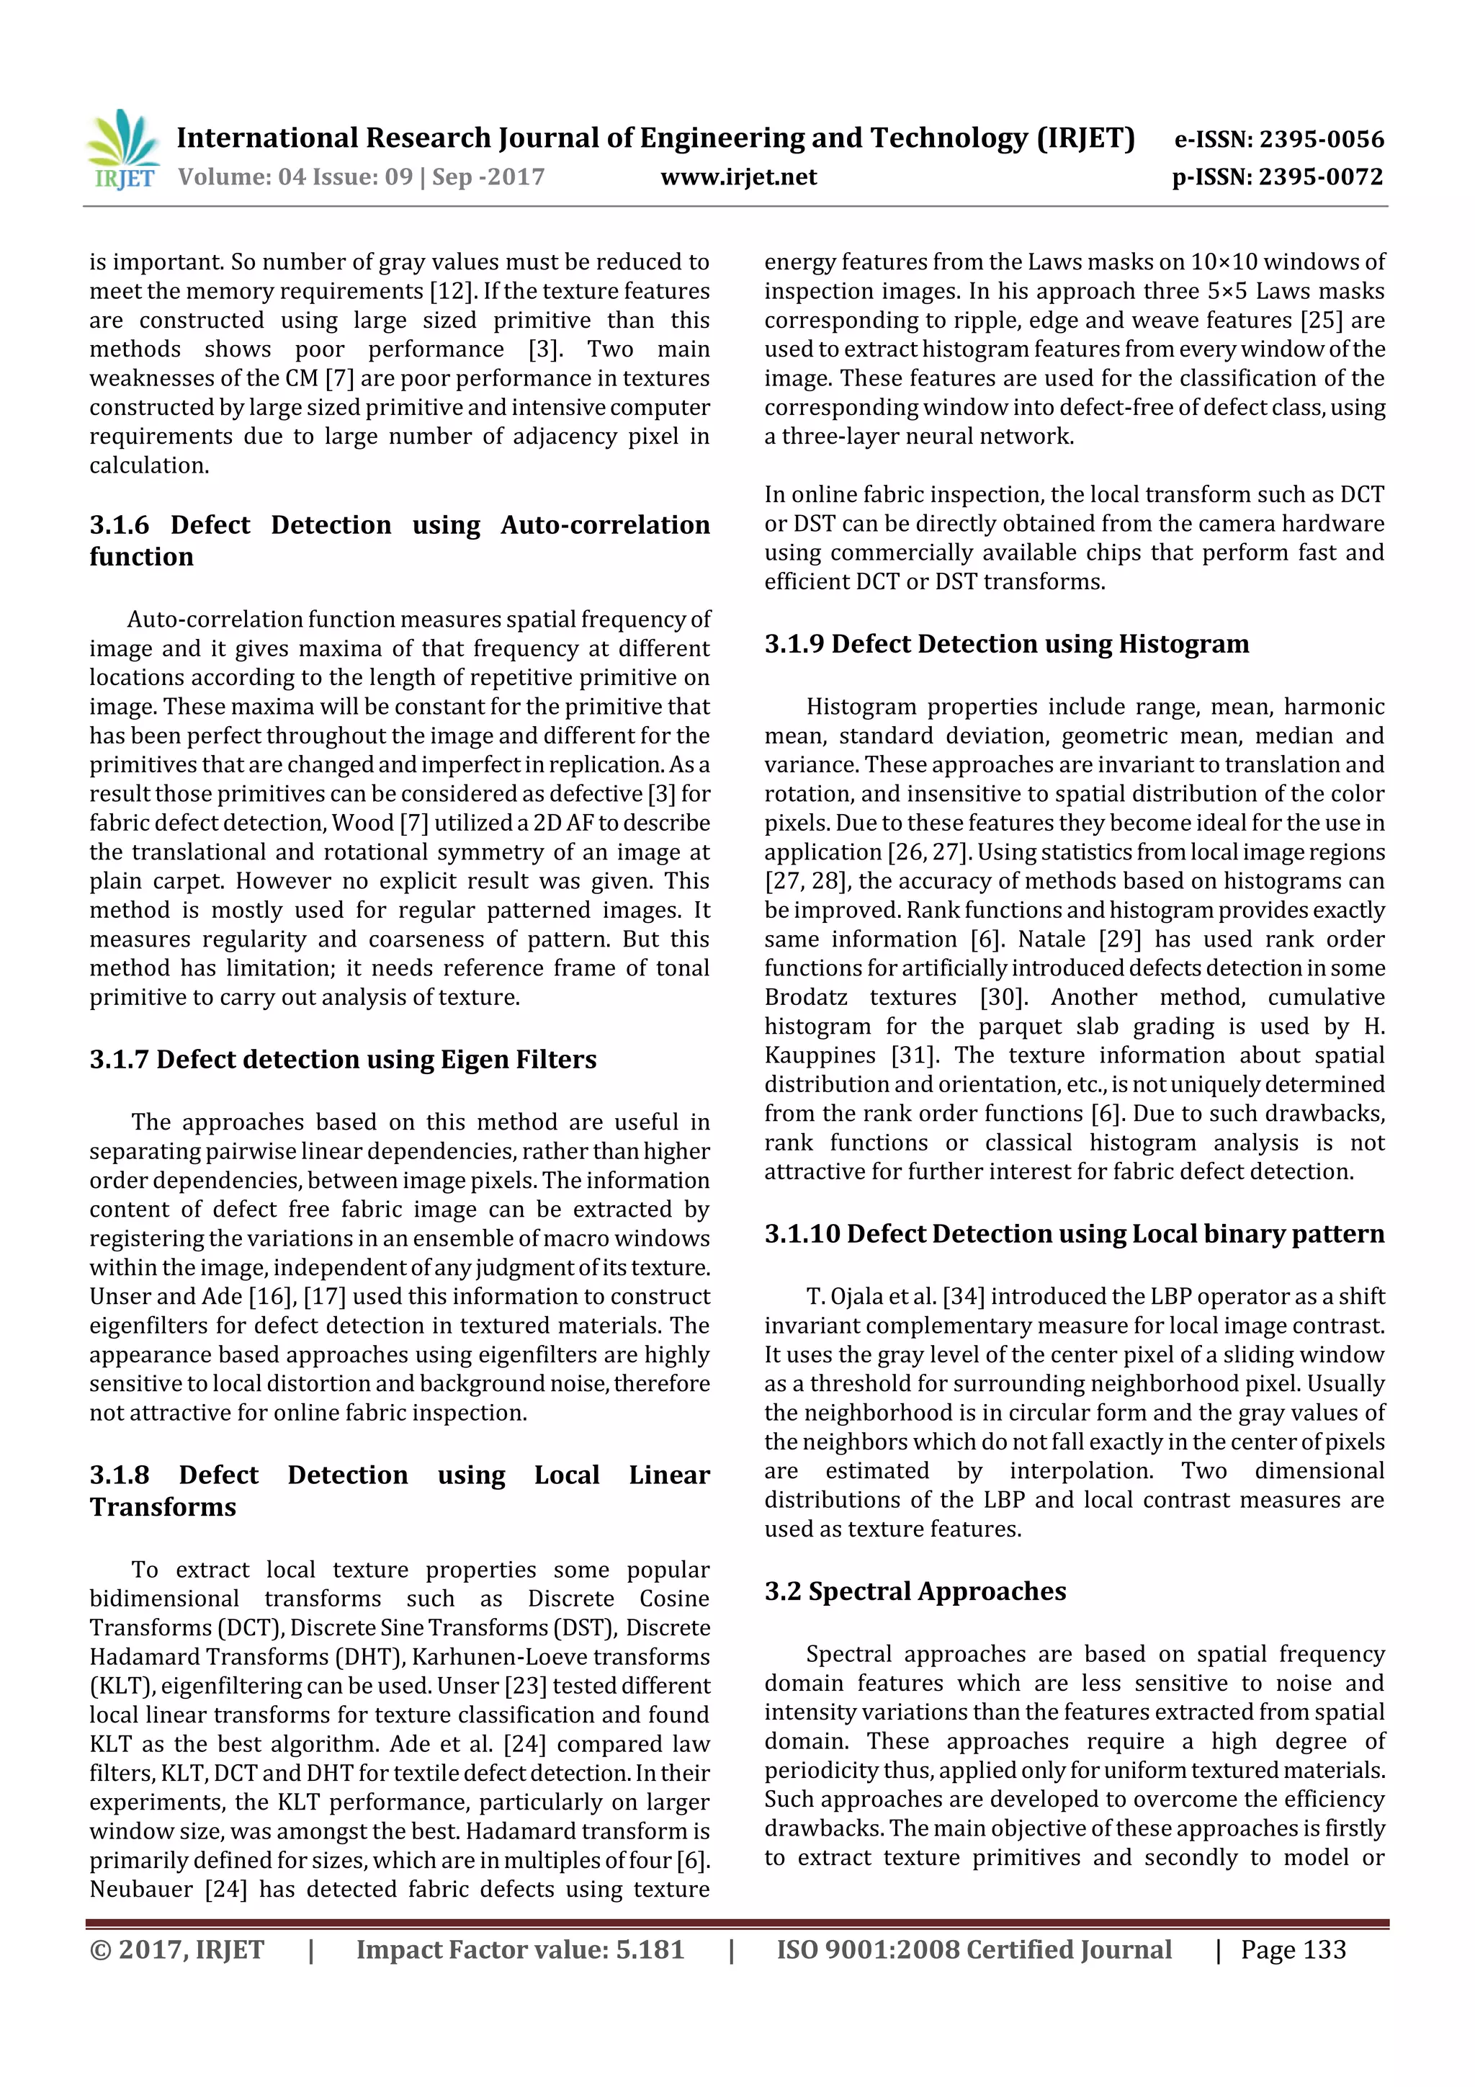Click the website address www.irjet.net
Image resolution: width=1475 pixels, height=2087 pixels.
point(738,177)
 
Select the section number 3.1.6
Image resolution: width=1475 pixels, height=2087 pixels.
point(119,525)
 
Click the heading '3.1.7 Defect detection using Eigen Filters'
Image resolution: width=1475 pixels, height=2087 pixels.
point(343,1060)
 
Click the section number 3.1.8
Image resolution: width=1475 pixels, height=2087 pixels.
point(119,1475)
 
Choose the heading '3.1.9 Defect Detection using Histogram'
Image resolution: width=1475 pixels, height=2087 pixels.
point(1006,645)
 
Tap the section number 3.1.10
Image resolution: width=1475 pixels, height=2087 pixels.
point(802,1234)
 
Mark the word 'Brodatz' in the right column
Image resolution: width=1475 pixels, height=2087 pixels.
point(805,998)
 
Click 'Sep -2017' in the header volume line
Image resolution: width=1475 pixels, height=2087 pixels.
point(488,177)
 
